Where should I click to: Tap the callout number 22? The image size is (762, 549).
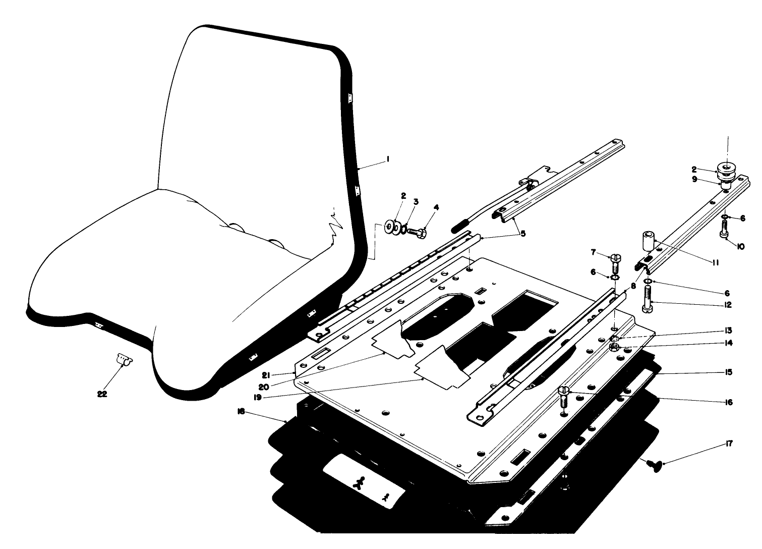point(102,395)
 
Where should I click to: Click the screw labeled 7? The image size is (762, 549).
point(616,262)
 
